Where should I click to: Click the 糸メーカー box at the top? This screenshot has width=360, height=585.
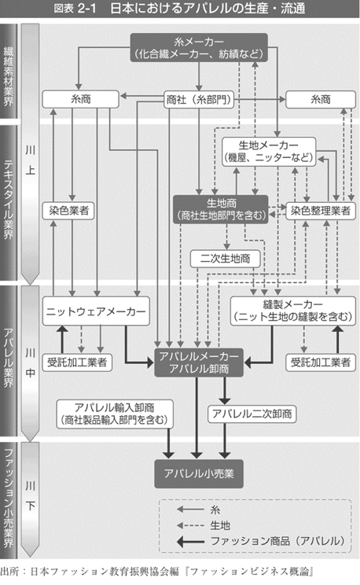click(199, 47)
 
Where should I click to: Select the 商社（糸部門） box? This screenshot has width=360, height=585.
click(199, 100)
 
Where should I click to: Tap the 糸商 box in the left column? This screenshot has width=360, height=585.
click(81, 99)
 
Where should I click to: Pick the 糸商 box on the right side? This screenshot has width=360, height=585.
click(321, 99)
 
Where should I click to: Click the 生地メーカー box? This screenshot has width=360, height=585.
click(269, 151)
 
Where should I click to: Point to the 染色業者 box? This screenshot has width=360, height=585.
click(68, 211)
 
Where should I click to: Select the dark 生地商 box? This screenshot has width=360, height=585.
click(221, 209)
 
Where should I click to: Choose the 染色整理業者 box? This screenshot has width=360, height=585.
click(321, 211)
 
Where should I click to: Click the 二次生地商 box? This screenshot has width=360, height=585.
click(225, 259)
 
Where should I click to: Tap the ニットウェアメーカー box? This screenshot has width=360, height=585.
click(96, 311)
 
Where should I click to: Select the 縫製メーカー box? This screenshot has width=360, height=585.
click(293, 311)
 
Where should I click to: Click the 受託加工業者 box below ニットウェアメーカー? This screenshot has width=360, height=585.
click(77, 362)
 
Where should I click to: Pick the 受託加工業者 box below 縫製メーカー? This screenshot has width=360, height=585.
click(321, 362)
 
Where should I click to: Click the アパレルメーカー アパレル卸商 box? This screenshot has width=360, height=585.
click(199, 362)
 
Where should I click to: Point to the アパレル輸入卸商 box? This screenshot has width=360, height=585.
click(115, 414)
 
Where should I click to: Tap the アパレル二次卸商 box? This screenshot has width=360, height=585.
click(252, 414)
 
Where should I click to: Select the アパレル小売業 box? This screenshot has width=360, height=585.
click(199, 474)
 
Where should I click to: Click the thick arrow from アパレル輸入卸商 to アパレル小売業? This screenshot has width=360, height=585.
click(169, 443)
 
